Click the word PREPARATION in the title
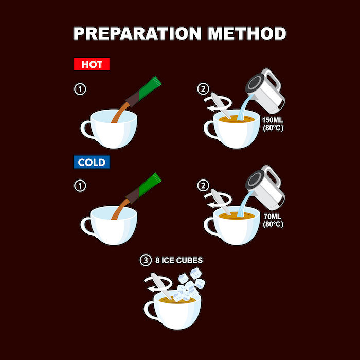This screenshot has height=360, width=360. [137, 33]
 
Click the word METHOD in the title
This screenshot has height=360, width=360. [247, 33]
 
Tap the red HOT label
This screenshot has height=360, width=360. [92, 64]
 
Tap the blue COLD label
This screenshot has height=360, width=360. [92, 162]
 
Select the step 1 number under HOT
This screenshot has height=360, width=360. [80, 89]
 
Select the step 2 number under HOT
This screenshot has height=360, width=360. [203, 89]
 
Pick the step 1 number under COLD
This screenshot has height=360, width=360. [80, 186]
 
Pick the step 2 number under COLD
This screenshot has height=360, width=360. [203, 186]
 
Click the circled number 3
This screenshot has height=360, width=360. [146, 260]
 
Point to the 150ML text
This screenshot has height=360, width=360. [273, 120]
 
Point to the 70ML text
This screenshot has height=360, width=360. [273, 217]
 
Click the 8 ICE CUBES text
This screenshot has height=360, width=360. [179, 260]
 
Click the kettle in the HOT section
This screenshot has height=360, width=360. [266, 92]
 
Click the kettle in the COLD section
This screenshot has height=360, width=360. [266, 188]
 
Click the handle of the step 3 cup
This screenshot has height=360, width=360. [149, 311]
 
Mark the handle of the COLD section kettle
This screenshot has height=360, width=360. [273, 176]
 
